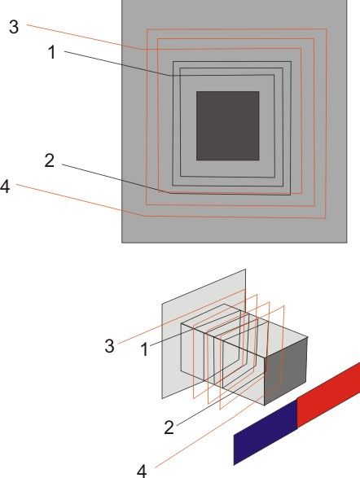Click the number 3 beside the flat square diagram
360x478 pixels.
pyautogui.click(x=14, y=27)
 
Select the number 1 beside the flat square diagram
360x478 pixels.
pyautogui.click(x=52, y=52)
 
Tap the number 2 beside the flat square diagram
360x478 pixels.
pyautogui.click(x=50, y=160)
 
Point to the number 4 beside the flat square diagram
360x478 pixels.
pyautogui.click(x=5, y=186)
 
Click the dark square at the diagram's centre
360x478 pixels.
pyautogui.click(x=228, y=125)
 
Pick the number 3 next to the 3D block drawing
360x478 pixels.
pyautogui.click(x=110, y=346)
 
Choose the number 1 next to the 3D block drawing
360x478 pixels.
pyautogui.click(x=145, y=349)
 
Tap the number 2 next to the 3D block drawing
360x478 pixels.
pyautogui.click(x=169, y=428)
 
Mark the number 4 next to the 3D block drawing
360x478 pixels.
pyautogui.click(x=142, y=471)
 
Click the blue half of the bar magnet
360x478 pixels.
pyautogui.click(x=266, y=433)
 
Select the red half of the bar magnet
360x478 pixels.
pyautogui.click(x=328, y=395)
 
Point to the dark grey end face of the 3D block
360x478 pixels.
pyautogui.click(x=286, y=371)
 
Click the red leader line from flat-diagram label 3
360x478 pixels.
pyautogui.click(x=85, y=37)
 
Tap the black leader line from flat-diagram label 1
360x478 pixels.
pyautogui.click(x=118, y=64)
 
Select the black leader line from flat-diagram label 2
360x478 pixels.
pyautogui.click(x=116, y=178)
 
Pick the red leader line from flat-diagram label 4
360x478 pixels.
pyautogui.click(x=81, y=200)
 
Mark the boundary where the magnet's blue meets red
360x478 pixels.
pyautogui.click(x=297, y=414)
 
